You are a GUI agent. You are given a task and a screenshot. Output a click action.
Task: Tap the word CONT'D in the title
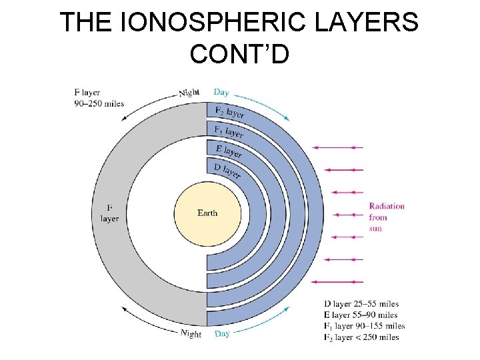pos(239,53)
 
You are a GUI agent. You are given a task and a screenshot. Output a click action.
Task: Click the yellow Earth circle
pos(207,213)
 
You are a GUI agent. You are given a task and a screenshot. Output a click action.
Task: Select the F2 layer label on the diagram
pos(229,113)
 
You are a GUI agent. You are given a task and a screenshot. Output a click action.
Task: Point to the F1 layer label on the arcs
pos(229,131)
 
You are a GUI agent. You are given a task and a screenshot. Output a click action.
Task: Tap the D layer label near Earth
pos(227,171)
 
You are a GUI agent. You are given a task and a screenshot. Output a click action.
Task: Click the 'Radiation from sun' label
pos(387,217)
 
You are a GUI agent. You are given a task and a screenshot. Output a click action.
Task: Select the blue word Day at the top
pos(221,92)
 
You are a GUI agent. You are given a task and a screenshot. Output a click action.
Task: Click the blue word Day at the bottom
pos(222,333)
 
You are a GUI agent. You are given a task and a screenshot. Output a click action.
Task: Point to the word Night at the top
pos(189,93)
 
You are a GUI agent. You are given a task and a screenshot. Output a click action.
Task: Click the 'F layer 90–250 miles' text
pos(99,98)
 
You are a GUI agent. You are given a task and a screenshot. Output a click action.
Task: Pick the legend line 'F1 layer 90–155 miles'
pos(364,326)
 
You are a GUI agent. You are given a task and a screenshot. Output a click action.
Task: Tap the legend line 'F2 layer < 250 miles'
pos(361,337)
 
